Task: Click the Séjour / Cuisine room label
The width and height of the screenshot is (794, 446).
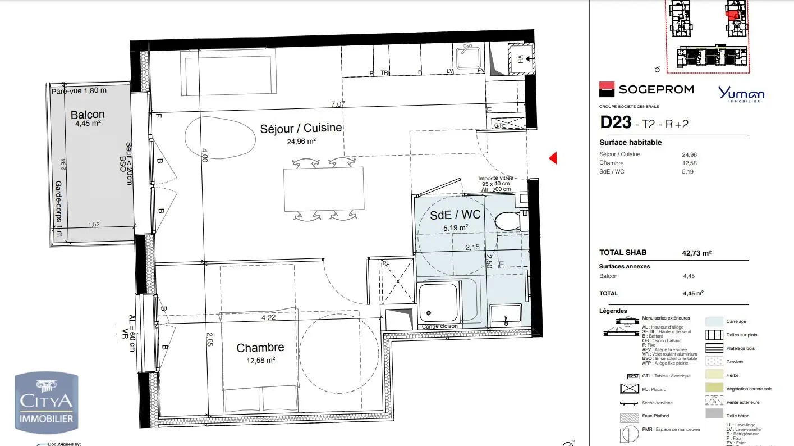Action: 301,128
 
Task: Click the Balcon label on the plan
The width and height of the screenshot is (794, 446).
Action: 88,115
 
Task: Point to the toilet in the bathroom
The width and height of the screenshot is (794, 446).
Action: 508,221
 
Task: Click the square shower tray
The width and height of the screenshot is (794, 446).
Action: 438,304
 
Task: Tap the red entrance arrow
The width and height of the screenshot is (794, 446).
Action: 553,158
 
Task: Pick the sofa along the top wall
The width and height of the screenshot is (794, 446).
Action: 228,72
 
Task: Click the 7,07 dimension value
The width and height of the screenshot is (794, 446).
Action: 338,104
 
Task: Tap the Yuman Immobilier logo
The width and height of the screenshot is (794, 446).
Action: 741,94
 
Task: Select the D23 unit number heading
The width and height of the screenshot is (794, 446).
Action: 615,122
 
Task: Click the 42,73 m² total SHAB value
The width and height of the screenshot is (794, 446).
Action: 696,253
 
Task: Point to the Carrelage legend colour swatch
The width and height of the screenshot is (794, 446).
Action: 713,321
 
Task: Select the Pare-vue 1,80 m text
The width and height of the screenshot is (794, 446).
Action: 79,90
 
